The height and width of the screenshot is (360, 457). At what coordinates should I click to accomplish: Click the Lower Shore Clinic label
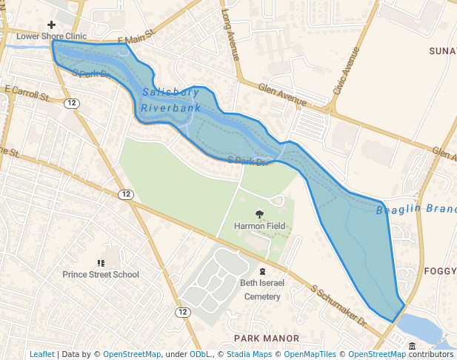(x=51, y=36)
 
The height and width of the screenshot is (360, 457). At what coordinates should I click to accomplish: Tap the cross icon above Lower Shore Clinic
(x=51, y=25)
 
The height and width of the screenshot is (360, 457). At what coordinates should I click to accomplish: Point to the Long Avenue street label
(x=232, y=35)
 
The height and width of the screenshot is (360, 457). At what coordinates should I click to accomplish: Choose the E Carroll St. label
(x=27, y=93)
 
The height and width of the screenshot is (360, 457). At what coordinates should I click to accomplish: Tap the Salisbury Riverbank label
(x=170, y=100)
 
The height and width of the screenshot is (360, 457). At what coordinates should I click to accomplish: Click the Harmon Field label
(x=260, y=225)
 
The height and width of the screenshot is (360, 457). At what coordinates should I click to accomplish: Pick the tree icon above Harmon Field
(x=260, y=214)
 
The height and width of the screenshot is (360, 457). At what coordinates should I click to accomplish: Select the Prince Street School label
(x=101, y=275)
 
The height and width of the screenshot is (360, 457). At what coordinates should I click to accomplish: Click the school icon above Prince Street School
(x=101, y=263)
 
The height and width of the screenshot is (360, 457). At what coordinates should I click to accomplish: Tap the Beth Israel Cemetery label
(x=260, y=290)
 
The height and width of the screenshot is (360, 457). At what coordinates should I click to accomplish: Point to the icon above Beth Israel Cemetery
(x=262, y=271)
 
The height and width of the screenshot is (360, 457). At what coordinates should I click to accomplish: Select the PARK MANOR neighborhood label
(x=267, y=339)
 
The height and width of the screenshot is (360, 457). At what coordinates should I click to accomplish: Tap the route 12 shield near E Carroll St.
(x=71, y=102)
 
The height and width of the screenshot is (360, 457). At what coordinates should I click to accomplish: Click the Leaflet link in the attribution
(x=42, y=354)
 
